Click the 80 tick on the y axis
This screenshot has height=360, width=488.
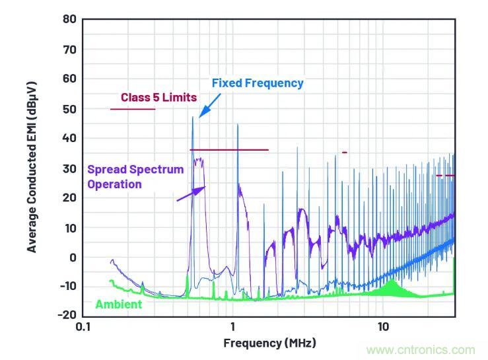click(69, 19)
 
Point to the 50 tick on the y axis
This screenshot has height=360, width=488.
click(69, 108)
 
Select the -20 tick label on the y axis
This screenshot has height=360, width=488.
click(67, 315)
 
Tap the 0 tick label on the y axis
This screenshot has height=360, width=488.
click(73, 257)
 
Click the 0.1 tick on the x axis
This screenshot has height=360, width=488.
click(83, 326)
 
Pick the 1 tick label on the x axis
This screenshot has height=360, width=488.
click(232, 326)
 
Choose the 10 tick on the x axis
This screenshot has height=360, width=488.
click(382, 326)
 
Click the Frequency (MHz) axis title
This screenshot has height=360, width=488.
click(269, 343)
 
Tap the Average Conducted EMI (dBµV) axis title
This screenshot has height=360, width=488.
click(32, 166)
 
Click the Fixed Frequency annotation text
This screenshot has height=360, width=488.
click(258, 83)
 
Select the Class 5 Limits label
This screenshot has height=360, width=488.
click(158, 98)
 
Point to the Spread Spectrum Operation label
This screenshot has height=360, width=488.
click(135, 176)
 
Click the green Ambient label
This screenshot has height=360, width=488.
click(119, 305)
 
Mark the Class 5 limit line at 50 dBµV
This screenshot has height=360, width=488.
click(132, 109)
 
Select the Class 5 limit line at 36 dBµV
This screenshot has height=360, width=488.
click(229, 150)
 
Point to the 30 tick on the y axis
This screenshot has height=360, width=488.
click(69, 168)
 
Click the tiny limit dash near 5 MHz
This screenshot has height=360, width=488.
click(344, 153)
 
